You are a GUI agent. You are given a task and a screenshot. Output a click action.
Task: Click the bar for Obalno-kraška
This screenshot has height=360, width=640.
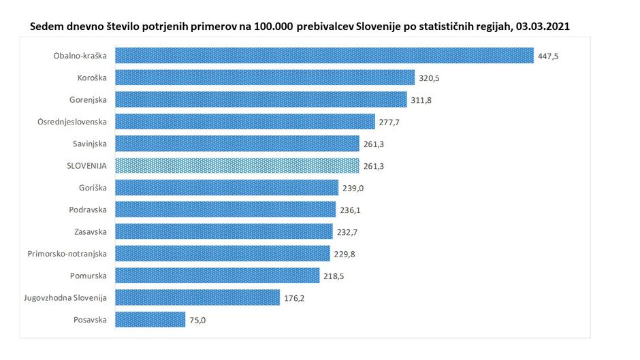(x=324, y=55)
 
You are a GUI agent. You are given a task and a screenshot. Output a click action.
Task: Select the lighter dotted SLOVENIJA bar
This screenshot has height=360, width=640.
(x=237, y=165)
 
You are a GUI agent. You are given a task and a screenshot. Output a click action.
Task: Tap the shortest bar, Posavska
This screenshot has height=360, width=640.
(x=150, y=319)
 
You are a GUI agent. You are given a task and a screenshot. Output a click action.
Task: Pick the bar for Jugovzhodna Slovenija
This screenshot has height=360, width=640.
(x=197, y=297)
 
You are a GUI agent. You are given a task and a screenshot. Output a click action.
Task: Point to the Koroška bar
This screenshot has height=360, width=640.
(x=265, y=78)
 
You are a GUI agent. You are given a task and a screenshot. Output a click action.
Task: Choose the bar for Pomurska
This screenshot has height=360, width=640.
(x=217, y=275)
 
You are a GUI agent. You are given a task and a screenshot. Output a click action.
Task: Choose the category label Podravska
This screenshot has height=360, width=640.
(x=88, y=210)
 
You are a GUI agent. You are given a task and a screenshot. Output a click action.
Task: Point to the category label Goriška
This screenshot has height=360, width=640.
(x=93, y=187)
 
